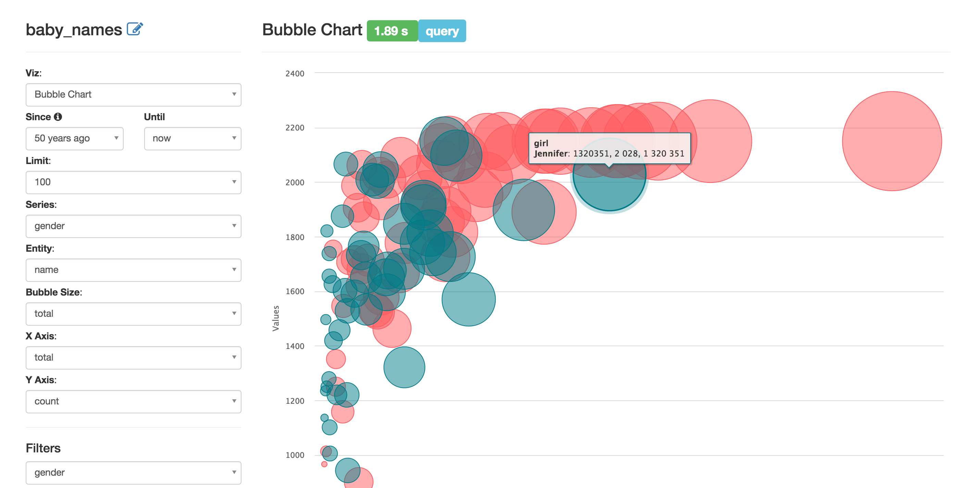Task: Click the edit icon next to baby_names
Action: pyautogui.click(x=135, y=29)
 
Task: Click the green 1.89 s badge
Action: pyautogui.click(x=392, y=31)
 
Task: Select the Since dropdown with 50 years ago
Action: pyautogui.click(x=75, y=138)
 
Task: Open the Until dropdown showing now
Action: pyautogui.click(x=193, y=138)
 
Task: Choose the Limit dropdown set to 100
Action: pyautogui.click(x=133, y=182)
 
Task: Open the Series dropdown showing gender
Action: pyautogui.click(x=133, y=226)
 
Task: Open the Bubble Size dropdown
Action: pyautogui.click(x=133, y=314)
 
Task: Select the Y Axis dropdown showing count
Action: pyautogui.click(x=133, y=401)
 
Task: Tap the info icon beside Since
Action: pyautogui.click(x=58, y=117)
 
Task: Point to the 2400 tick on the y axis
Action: pyautogui.click(x=295, y=73)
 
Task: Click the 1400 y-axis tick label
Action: pyautogui.click(x=295, y=346)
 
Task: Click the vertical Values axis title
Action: pyautogui.click(x=276, y=318)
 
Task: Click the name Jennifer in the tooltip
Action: pyautogui.click(x=551, y=154)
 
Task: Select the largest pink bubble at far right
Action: pyautogui.click(x=892, y=141)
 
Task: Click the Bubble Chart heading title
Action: pyautogui.click(x=312, y=30)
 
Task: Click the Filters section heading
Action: pyautogui.click(x=43, y=448)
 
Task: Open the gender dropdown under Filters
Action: pyautogui.click(x=133, y=472)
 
